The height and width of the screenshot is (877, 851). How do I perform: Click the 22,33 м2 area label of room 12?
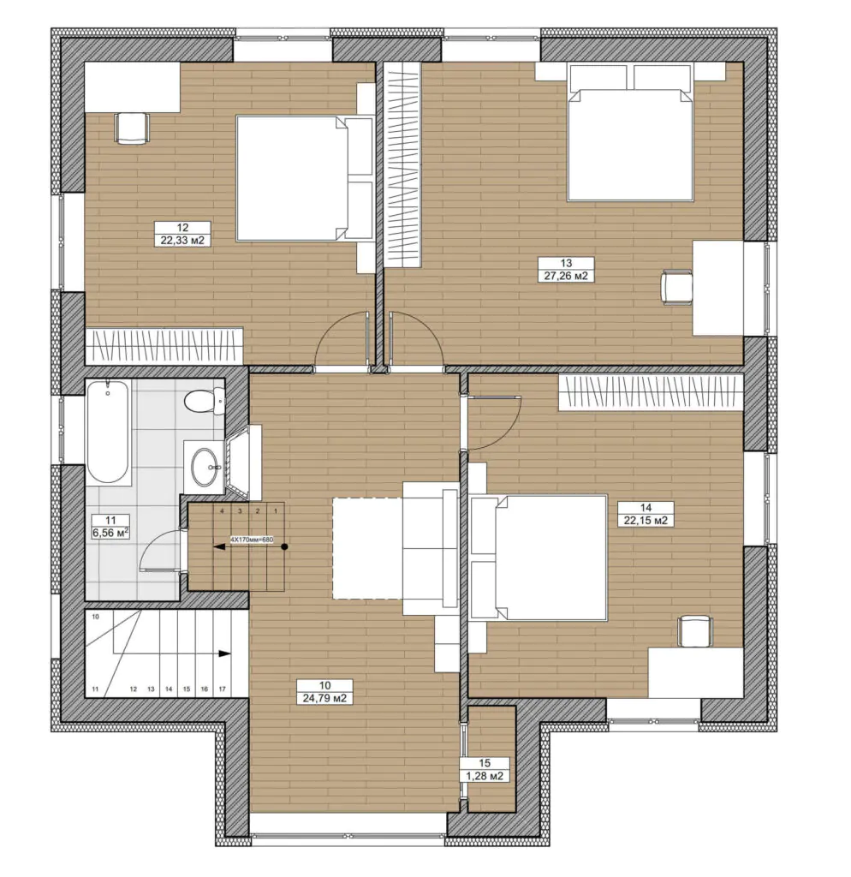[x=182, y=241]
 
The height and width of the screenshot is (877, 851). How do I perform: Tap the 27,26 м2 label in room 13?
[x=566, y=276]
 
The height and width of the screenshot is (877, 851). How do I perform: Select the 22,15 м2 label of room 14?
[x=646, y=521]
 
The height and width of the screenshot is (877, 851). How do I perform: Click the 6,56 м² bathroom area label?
[x=110, y=533]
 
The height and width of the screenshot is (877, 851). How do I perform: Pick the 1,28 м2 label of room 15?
[x=485, y=776]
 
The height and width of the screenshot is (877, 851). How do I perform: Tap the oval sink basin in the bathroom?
[x=203, y=466]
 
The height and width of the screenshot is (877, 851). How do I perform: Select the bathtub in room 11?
[x=108, y=432]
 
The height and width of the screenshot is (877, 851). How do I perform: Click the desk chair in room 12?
[x=132, y=128]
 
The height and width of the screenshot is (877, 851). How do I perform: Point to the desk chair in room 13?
[x=676, y=287]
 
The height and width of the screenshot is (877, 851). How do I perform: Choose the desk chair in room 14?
[x=695, y=631]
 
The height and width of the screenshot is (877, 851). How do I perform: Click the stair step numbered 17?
[x=222, y=689]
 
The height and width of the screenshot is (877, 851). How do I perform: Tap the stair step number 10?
[x=96, y=617]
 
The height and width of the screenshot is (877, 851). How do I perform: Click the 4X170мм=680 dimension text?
[x=251, y=540]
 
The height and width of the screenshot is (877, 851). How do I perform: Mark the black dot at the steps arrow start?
[x=284, y=546]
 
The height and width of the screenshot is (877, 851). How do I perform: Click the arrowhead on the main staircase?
[x=225, y=653]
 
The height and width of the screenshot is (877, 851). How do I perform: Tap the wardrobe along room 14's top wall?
[x=651, y=392]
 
